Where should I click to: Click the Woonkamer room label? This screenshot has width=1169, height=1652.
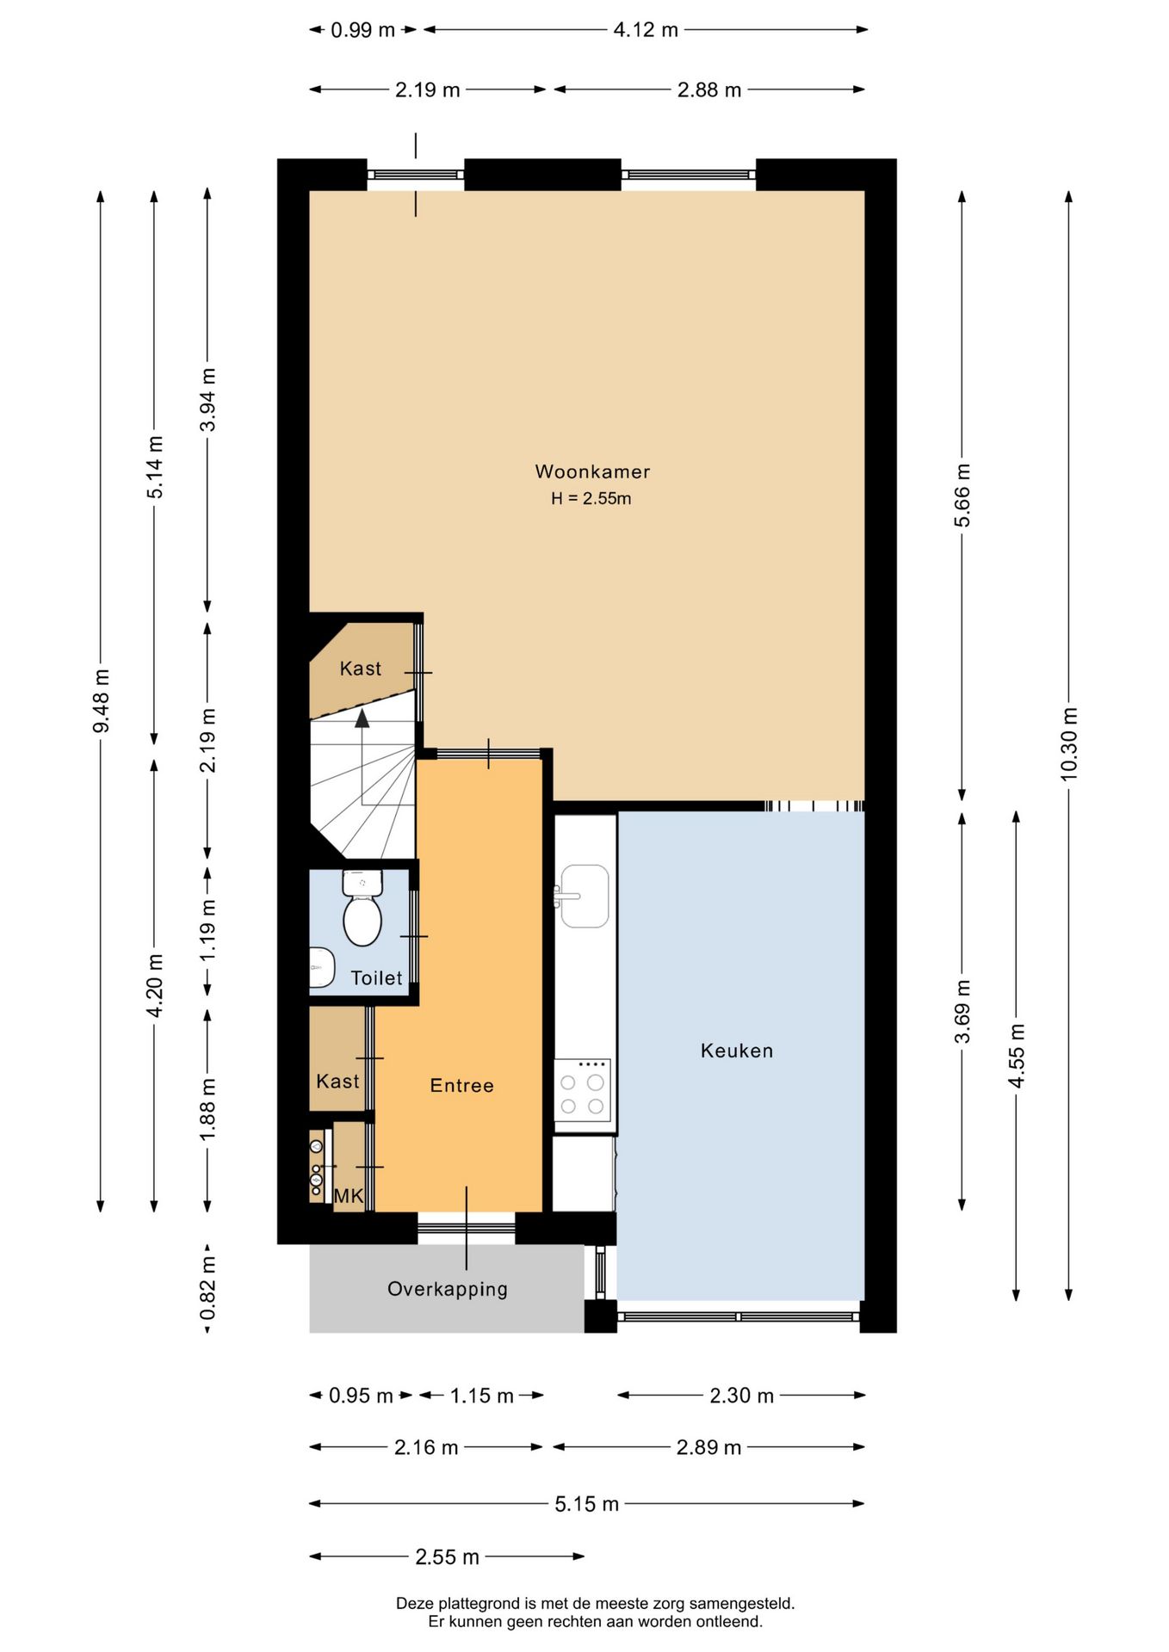[592, 472]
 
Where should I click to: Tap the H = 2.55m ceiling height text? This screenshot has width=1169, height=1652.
[591, 498]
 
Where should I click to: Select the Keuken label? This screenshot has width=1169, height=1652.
[737, 1051]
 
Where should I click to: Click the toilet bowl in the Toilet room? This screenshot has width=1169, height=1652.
[362, 920]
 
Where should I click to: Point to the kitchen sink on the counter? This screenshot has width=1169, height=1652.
[584, 896]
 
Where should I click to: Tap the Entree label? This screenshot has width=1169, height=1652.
[462, 1086]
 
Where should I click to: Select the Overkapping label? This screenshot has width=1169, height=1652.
[448, 1289]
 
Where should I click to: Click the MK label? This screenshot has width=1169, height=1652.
[349, 1196]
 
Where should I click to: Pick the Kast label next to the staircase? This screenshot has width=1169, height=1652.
[360, 669]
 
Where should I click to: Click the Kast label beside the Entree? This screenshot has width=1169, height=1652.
[337, 1082]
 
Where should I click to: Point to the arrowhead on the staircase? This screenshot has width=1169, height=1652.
[362, 718]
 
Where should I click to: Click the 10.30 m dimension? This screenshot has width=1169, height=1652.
[1068, 744]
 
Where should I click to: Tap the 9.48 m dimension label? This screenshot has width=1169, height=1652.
[101, 701]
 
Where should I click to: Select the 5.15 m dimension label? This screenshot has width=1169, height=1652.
[586, 1504]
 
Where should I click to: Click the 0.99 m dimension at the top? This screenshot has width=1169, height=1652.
[362, 30]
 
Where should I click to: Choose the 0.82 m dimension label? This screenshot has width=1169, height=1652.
[207, 1288]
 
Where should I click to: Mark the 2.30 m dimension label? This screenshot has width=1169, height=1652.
[741, 1396]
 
